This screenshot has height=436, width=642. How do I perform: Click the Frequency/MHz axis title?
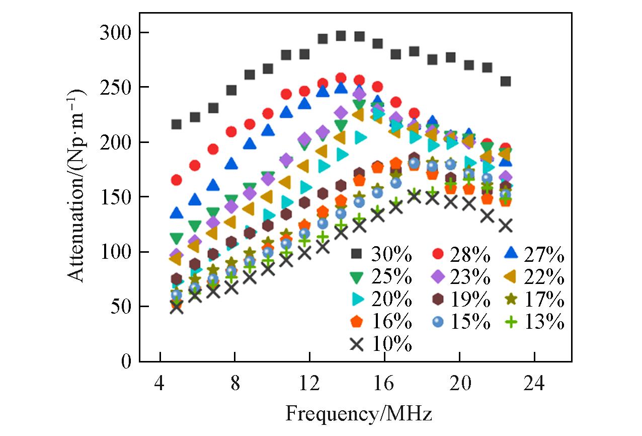[359, 414]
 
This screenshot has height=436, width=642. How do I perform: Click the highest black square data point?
[341, 36]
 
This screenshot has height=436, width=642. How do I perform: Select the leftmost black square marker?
[176, 124]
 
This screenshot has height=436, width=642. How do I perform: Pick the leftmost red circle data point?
[176, 180]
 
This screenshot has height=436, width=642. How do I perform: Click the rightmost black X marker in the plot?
[505, 226]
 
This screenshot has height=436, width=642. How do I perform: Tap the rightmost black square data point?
[505, 81]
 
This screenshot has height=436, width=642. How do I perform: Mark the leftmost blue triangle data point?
[176, 213]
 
